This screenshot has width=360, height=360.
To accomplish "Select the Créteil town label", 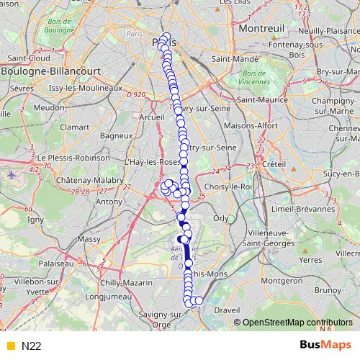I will [274, 164].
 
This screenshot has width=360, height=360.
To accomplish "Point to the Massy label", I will [89, 238].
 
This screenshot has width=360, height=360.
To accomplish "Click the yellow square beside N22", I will [9, 346].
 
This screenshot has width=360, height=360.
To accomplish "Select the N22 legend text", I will [32, 346].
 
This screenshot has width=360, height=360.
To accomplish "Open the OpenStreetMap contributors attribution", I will [298, 322].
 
